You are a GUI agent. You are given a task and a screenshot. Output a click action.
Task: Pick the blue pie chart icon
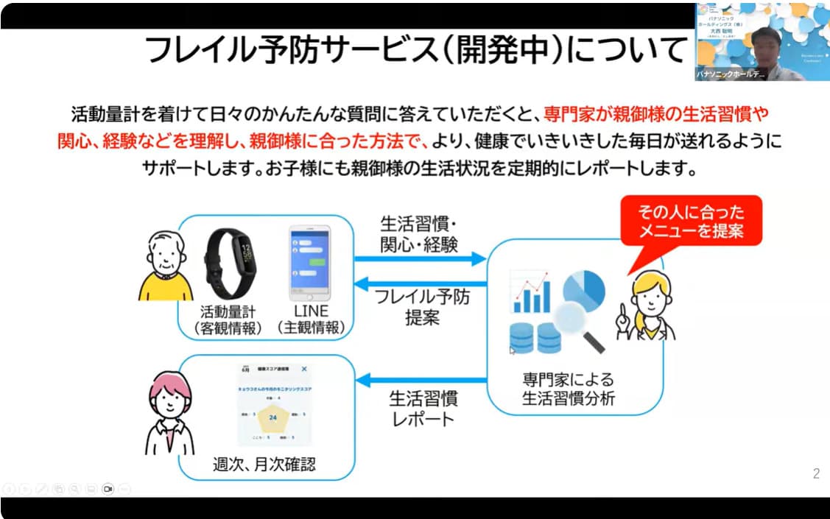point(584,288)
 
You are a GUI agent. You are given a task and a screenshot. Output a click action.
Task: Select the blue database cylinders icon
point(535,338)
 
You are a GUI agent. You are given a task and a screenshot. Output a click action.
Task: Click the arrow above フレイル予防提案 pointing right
point(421,258)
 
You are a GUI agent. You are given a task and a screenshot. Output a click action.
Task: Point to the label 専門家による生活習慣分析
point(568,389)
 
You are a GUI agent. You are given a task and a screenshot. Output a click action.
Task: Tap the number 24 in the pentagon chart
point(272,417)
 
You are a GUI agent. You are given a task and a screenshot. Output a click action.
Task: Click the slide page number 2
point(816,474)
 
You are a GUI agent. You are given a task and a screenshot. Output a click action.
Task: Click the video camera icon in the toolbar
point(108,488)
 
